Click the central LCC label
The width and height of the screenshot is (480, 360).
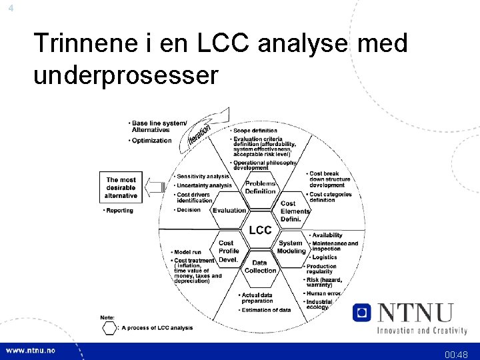(x=260, y=230)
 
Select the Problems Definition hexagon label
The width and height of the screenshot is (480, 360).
(x=260, y=187)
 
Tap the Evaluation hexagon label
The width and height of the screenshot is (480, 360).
(x=229, y=211)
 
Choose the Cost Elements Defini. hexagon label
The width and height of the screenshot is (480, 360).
(x=295, y=211)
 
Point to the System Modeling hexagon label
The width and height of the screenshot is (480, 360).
(x=291, y=247)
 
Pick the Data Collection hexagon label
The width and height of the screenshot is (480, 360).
(x=260, y=267)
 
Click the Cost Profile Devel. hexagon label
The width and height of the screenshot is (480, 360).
(x=228, y=251)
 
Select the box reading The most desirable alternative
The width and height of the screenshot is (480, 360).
(x=121, y=187)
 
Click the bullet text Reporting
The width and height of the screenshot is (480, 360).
(x=119, y=211)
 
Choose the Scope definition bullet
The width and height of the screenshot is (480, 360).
(x=255, y=131)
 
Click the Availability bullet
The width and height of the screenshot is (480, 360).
(x=326, y=235)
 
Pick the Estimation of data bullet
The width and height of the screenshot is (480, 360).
(x=265, y=310)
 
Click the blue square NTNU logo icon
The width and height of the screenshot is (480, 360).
(x=362, y=312)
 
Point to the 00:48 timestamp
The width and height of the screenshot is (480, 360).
(x=457, y=355)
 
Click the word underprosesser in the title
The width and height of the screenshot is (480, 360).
(x=125, y=75)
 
